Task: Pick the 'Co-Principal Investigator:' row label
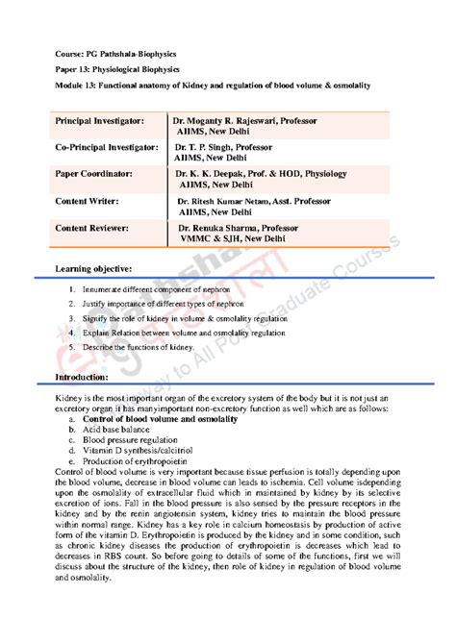pyautogui.click(x=106, y=148)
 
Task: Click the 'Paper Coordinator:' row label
pyautogui.click(x=94, y=174)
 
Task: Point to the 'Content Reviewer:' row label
pyautogui.click(x=93, y=228)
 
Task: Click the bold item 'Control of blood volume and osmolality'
pyautogui.click(x=160, y=421)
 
